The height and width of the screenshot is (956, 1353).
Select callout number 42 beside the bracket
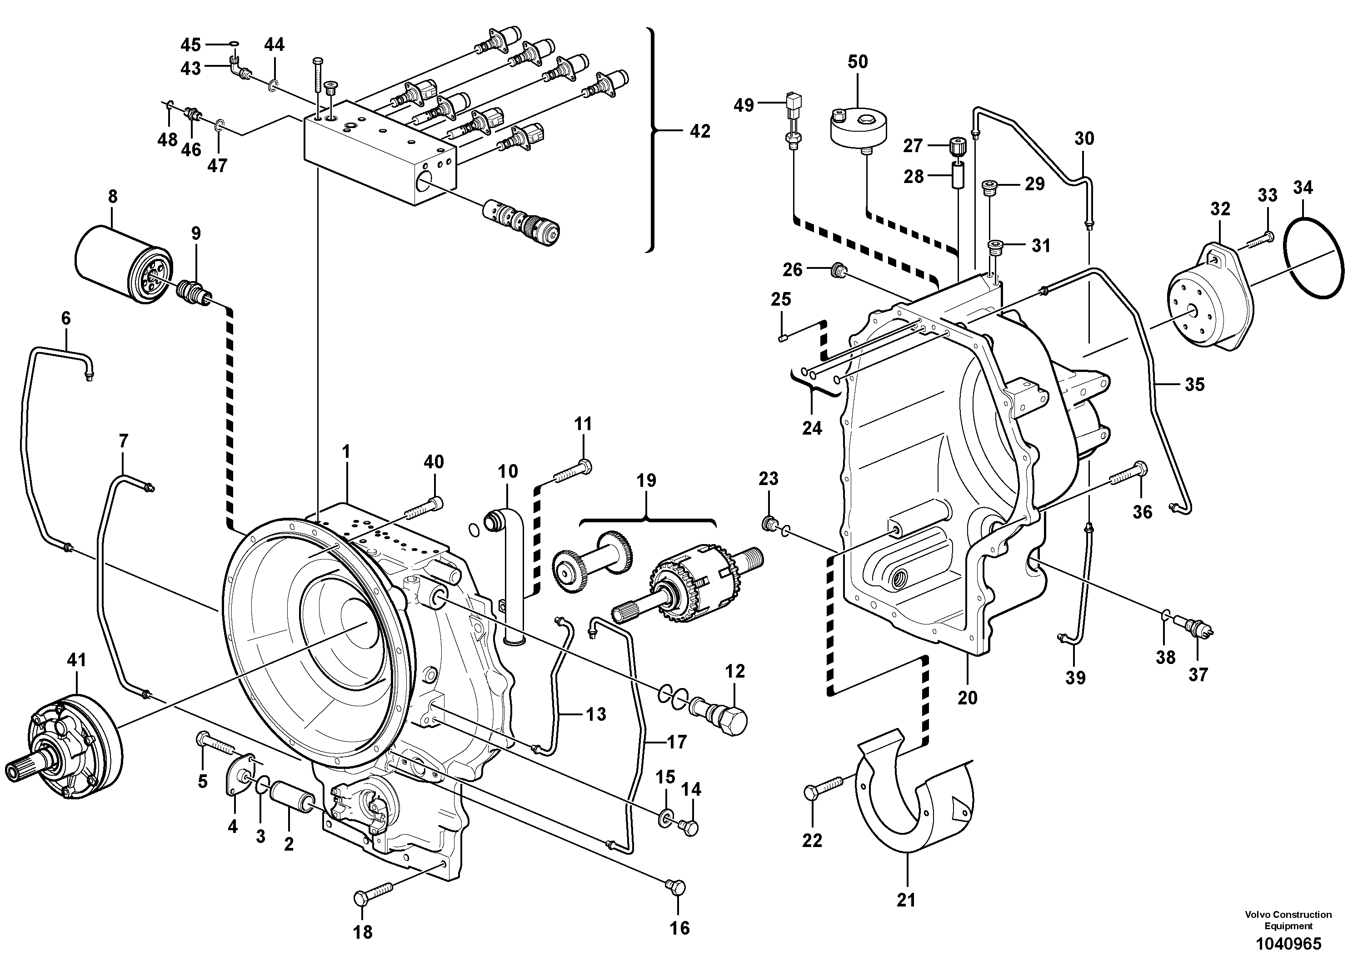700,131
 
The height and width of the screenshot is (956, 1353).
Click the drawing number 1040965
1288,943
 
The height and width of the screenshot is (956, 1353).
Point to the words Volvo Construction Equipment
1288,920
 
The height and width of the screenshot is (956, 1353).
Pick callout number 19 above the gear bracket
646,480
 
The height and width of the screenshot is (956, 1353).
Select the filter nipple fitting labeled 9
193,292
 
